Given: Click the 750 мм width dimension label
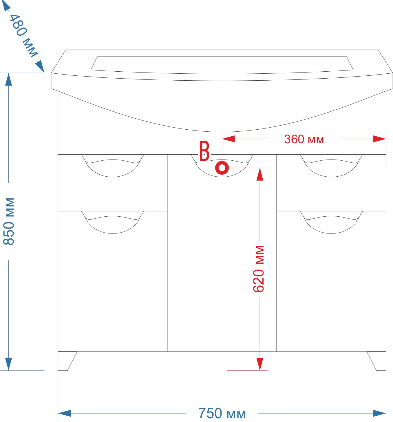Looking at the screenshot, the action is pyautogui.click(x=222, y=413).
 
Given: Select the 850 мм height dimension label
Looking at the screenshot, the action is pyautogui.click(x=9, y=221).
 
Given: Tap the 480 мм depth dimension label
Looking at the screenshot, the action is pyautogui.click(x=23, y=36).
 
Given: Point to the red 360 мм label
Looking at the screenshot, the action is pyautogui.click(x=304, y=139).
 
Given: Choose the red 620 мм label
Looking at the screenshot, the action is pyautogui.click(x=259, y=269).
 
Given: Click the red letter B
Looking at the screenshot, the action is pyautogui.click(x=204, y=151).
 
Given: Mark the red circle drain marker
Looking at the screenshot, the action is pyautogui.click(x=222, y=168).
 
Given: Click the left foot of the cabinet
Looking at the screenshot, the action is pyautogui.click(x=66, y=361).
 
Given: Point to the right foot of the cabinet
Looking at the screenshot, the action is pyautogui.click(x=378, y=361).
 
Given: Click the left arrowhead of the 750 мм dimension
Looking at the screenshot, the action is pyautogui.click(x=64, y=413).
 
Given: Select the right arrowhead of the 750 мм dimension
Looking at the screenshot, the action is pyautogui.click(x=380, y=413).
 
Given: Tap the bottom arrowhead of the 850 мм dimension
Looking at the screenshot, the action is pyautogui.click(x=8, y=364).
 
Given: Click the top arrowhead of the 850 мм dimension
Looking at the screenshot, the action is pyautogui.click(x=8, y=79).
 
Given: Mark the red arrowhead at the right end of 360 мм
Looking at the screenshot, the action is pyautogui.click(x=380, y=139).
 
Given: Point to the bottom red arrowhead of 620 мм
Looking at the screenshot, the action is pyautogui.click(x=260, y=364).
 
